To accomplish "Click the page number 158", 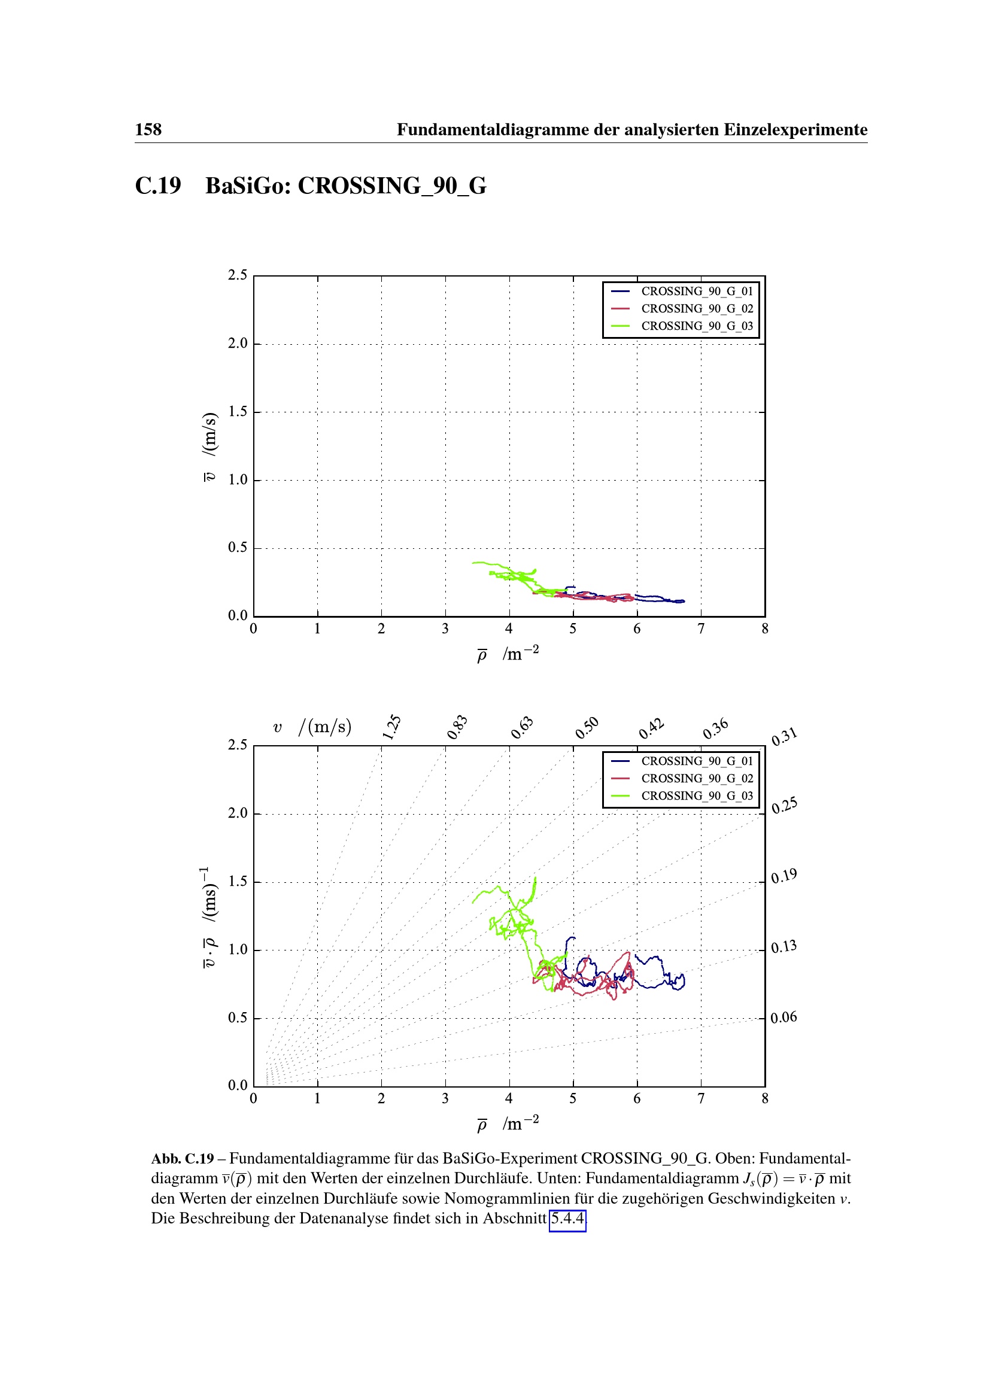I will [x=148, y=130].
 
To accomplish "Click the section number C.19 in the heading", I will [x=158, y=186].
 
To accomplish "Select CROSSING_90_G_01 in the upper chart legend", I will [x=697, y=291].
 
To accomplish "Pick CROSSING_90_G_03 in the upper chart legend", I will [x=697, y=326].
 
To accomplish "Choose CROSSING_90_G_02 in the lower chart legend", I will [x=697, y=779].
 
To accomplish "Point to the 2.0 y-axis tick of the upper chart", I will [x=238, y=344].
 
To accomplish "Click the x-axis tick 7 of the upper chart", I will [x=701, y=628].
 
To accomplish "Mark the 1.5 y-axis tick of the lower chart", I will [x=238, y=882].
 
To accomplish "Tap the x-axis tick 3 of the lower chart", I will [x=445, y=1099].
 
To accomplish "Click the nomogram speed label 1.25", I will [x=392, y=727].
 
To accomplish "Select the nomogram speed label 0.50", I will [x=587, y=727].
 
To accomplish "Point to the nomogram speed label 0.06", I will [x=784, y=1017].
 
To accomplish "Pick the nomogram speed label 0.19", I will [x=784, y=876].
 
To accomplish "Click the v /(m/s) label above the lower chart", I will [x=312, y=727].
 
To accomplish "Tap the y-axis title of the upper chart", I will [x=209, y=447].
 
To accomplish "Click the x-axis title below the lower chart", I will [x=508, y=1124].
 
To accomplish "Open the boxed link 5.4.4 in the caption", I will [x=567, y=1219].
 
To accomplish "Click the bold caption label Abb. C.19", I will [x=183, y=1159].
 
